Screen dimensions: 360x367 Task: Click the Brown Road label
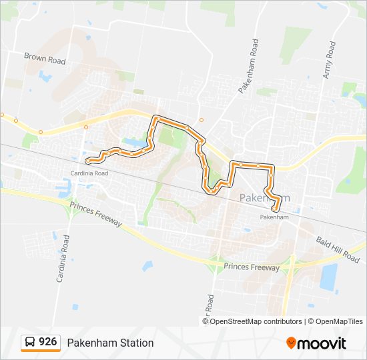tap(45, 59)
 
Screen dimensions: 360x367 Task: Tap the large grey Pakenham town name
tap(265, 198)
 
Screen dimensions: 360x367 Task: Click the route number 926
tap(47, 342)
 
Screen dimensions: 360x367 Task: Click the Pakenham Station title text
tap(110, 343)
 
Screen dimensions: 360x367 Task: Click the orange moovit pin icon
tap(292, 343)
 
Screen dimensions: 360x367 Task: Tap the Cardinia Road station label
tap(89, 173)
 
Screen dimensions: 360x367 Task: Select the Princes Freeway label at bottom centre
tap(252, 267)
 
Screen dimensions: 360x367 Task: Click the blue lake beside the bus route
tap(133, 143)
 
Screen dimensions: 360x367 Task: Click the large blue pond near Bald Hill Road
tap(328, 277)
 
